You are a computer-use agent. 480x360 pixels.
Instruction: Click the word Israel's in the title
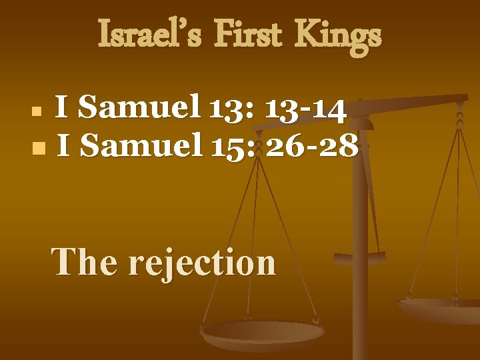(144, 35)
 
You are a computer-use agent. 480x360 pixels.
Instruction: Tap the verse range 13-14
(305, 109)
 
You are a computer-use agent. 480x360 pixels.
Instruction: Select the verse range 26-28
(311, 145)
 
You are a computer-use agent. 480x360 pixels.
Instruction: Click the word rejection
(202, 261)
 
